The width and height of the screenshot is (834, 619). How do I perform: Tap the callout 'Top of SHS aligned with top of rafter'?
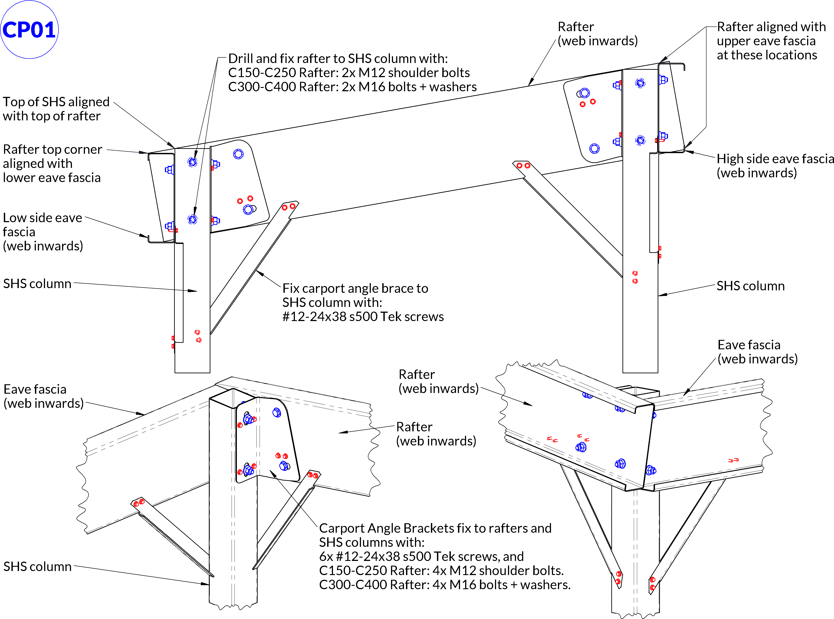[56, 109]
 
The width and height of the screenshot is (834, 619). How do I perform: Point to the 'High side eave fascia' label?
[774, 166]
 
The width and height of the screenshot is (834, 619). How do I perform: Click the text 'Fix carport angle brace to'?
[355, 288]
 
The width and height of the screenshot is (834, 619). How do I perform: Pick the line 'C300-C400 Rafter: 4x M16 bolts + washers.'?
[445, 584]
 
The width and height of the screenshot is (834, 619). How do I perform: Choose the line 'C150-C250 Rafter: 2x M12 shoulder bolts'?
[349, 72]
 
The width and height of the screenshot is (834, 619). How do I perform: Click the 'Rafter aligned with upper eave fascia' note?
[771, 41]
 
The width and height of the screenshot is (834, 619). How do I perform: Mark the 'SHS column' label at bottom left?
[37, 566]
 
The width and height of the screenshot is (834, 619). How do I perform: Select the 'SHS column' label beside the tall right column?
[750, 286]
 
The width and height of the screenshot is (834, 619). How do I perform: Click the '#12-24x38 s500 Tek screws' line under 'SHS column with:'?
[363, 317]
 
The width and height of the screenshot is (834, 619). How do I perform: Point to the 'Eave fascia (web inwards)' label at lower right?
[757, 352]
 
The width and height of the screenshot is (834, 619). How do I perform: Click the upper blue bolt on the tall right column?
[640, 83]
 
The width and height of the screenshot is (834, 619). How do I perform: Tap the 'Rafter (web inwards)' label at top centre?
[597, 34]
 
